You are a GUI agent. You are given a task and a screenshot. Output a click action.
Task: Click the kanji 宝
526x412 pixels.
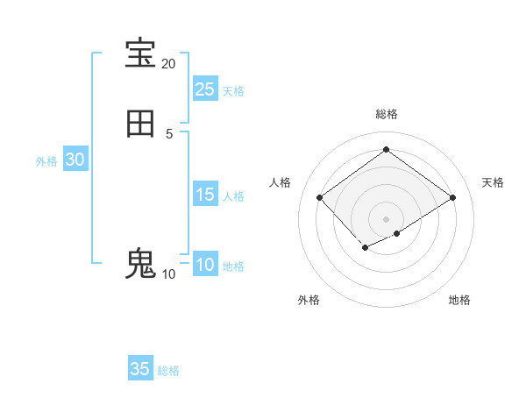pyautogui.click(x=140, y=53)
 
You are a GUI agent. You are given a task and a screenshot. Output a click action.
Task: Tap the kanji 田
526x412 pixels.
pyautogui.click(x=140, y=124)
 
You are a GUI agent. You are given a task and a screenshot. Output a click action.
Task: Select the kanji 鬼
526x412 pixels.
pyautogui.click(x=140, y=264)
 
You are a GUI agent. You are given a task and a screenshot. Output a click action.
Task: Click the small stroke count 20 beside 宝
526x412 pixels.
pyautogui.click(x=169, y=64)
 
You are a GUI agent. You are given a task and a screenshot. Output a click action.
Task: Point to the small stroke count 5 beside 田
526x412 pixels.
pyautogui.click(x=169, y=133)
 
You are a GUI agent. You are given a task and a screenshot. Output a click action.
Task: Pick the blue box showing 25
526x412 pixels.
pyautogui.click(x=205, y=89)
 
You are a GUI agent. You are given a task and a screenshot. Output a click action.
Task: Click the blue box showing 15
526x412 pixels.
pyautogui.click(x=205, y=195)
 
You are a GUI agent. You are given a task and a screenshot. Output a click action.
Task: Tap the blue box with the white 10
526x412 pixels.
pyautogui.click(x=205, y=265)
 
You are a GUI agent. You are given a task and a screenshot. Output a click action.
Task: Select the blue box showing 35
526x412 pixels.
pyautogui.click(x=140, y=369)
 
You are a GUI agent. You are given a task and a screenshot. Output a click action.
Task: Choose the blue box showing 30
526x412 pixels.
pyautogui.click(x=75, y=160)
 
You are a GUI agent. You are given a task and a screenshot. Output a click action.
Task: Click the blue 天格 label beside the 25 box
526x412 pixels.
pyautogui.click(x=233, y=91)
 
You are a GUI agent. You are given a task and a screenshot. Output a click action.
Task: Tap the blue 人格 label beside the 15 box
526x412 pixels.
pyautogui.click(x=233, y=196)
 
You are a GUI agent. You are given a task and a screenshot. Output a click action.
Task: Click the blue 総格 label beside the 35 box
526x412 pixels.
pyautogui.click(x=168, y=371)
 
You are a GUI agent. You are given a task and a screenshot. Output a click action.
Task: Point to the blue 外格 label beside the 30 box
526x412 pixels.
pyautogui.click(x=46, y=161)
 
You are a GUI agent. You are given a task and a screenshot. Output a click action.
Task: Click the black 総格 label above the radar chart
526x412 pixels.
pyautogui.click(x=386, y=114)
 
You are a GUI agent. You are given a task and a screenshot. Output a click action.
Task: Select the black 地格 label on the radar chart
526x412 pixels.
pyautogui.click(x=459, y=300)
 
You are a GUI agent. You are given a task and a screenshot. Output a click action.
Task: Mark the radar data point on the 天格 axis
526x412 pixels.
pyautogui.click(x=452, y=197)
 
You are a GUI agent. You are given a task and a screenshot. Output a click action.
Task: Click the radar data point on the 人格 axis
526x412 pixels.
pyautogui.click(x=319, y=197)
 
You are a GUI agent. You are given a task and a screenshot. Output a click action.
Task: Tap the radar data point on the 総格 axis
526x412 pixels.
pyautogui.click(x=386, y=149)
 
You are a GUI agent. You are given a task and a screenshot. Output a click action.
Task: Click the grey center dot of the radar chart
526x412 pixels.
pyautogui.click(x=386, y=219)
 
